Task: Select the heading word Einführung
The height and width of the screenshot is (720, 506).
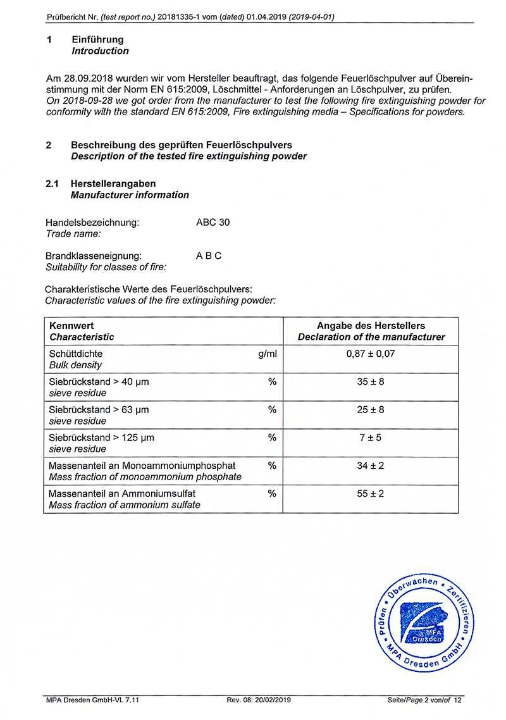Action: [x=97, y=40]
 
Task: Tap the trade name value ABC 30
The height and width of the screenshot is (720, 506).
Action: [x=213, y=222]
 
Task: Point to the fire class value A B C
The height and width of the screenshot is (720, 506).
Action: [x=209, y=256]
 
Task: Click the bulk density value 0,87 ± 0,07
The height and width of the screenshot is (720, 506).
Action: [x=371, y=354]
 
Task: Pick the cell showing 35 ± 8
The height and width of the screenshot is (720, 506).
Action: [x=371, y=382]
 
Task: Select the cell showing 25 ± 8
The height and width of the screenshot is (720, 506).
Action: [x=371, y=409]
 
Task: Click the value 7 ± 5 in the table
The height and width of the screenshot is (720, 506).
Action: [x=371, y=437]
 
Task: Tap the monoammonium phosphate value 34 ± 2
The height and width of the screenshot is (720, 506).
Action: [x=371, y=466]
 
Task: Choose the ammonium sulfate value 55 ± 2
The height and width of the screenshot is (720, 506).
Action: [x=371, y=493]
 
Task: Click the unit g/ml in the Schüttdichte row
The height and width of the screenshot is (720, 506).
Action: [x=267, y=354]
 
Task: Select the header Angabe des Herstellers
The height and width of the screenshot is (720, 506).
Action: [x=371, y=325]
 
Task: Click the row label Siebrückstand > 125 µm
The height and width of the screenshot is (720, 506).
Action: [x=101, y=437]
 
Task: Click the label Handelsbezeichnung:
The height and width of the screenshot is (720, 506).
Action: [x=92, y=222]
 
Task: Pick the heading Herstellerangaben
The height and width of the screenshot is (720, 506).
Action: [x=113, y=183]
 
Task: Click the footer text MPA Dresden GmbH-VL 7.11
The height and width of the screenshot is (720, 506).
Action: [x=92, y=700]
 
